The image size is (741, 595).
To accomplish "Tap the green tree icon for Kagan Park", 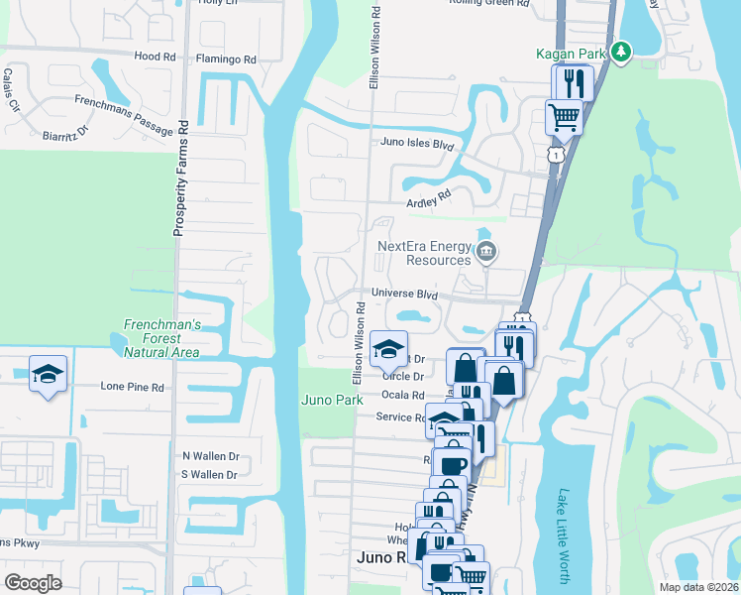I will coord(621,51).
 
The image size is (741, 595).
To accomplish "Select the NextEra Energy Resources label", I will coord(423,253).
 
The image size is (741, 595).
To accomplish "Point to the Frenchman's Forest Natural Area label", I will coord(161,338).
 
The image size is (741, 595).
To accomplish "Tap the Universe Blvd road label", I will coord(404,294).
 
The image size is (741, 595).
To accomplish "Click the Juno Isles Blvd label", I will coord(417,144).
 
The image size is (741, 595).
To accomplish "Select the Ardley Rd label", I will coord(428,194).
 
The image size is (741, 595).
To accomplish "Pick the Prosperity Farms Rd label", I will coord(180,179).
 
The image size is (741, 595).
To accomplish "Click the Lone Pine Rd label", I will coord(133,387).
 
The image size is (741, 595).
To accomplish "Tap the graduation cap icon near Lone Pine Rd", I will coord(48,374).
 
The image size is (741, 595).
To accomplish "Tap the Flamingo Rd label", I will coord(226,59).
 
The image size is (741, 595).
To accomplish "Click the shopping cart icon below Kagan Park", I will coord(564,117).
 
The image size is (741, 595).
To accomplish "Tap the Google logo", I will coord(34,582).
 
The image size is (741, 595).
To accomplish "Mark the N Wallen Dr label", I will coord(211,456).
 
